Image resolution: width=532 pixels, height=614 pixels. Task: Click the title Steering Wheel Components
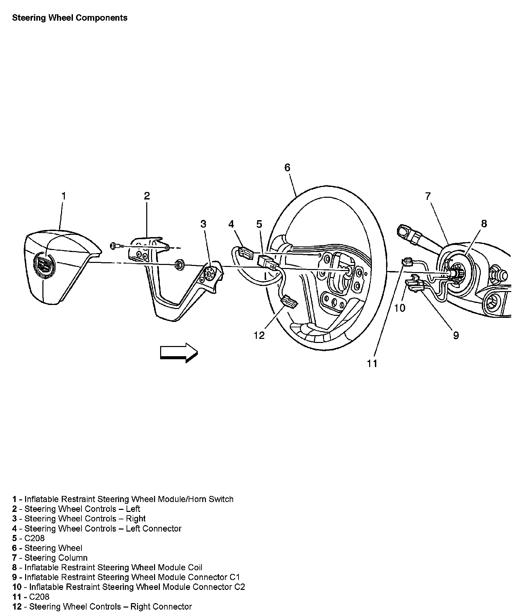70,18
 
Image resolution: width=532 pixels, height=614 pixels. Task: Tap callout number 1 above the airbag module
63,196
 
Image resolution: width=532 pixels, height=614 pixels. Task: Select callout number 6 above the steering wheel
287,168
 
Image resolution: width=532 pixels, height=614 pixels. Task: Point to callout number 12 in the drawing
259,335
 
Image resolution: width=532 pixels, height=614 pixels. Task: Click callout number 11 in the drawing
372,364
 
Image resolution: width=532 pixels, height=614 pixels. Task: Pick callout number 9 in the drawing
456,335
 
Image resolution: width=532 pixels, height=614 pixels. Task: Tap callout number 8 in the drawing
484,224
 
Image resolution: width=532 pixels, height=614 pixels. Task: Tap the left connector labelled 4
246,252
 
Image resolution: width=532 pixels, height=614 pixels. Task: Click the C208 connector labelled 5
268,262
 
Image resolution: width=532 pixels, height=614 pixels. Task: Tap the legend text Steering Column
56,558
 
